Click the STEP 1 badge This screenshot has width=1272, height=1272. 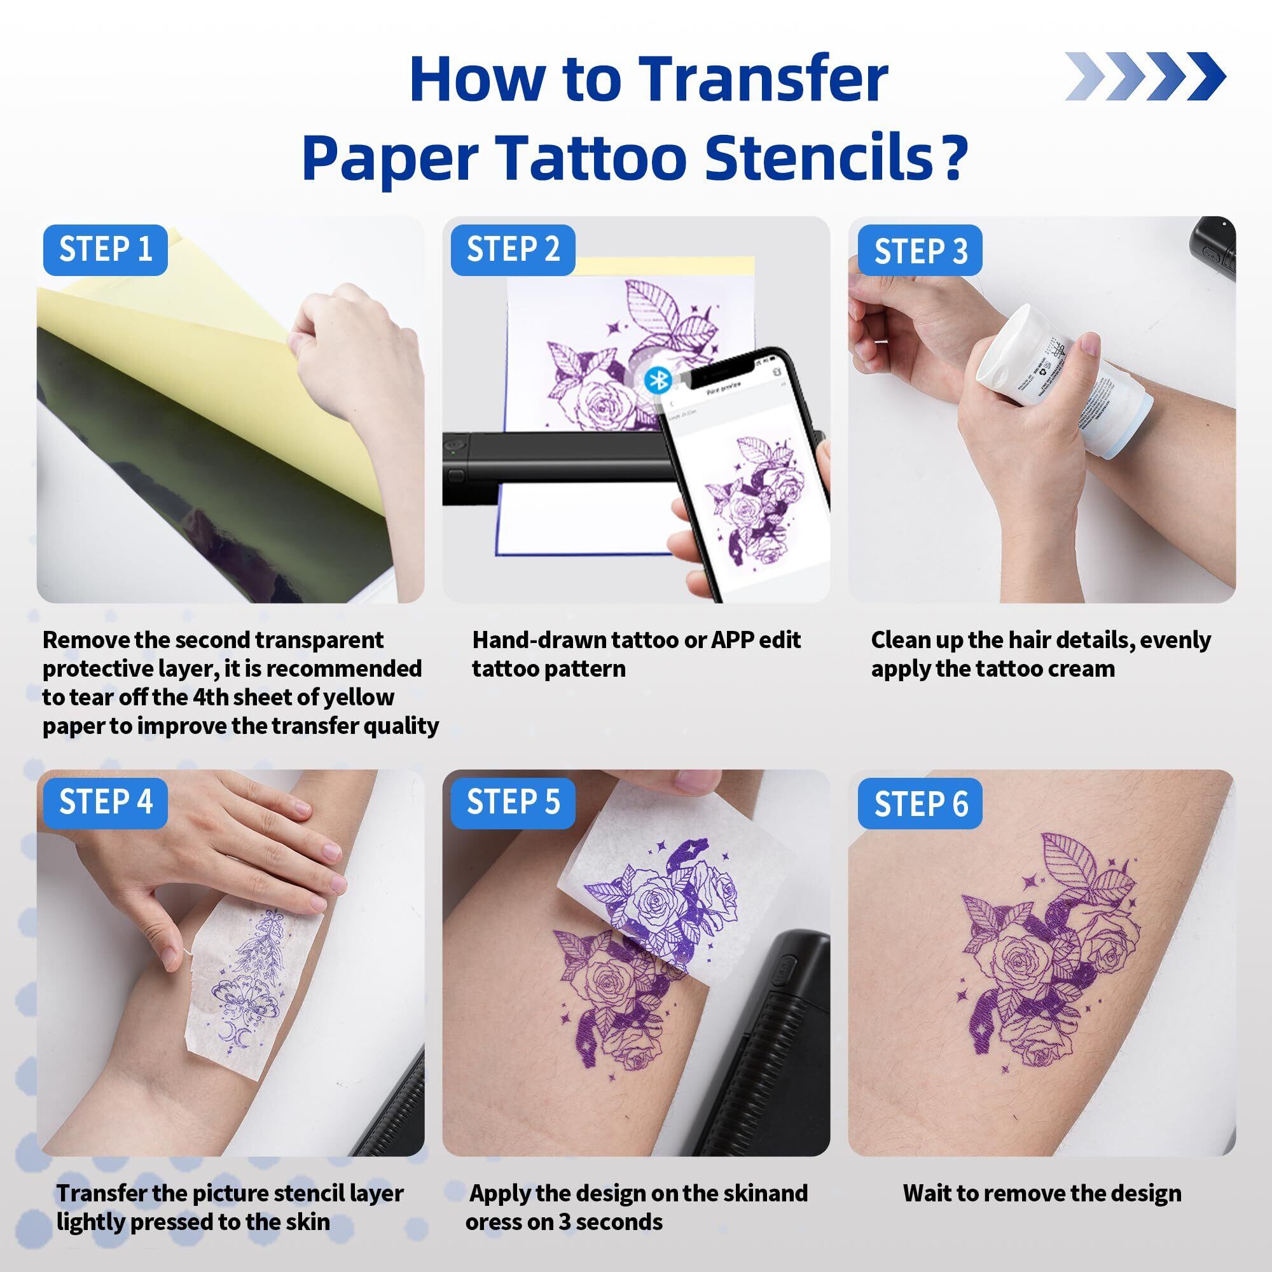pyautogui.click(x=106, y=249)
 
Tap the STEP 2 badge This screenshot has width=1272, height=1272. pyautogui.click(x=513, y=249)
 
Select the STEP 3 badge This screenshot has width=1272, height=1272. pyautogui.click(x=920, y=250)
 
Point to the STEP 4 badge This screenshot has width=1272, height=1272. pyautogui.click(x=106, y=803)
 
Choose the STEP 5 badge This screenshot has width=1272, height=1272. pyautogui.click(x=513, y=803)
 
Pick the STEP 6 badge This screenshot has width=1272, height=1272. pyautogui.click(x=920, y=803)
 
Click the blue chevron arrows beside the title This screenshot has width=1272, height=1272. pyautogui.click(x=1145, y=76)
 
